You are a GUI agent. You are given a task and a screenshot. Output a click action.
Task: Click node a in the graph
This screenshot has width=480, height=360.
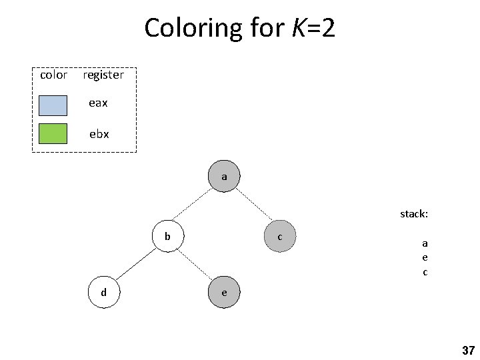[x=224, y=177]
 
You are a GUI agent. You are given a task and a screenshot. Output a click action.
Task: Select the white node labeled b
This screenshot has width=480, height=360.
[x=168, y=236]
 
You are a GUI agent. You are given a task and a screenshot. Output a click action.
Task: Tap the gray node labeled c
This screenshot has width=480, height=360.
[x=280, y=236]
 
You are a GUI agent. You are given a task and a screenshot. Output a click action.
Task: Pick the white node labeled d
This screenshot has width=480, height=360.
[x=104, y=293]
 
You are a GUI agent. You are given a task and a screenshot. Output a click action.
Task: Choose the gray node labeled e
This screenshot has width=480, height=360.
[x=224, y=293]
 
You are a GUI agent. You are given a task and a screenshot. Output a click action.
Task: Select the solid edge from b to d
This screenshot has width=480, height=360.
[x=136, y=264]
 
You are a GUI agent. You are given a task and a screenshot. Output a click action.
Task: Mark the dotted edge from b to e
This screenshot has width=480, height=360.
[x=196, y=264]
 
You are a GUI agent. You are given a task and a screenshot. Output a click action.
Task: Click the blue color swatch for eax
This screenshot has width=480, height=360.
[x=53, y=105]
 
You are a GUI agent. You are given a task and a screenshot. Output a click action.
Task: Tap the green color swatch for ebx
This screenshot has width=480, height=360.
[x=53, y=134]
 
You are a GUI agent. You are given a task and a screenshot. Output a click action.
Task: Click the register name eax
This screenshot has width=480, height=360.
[x=99, y=103]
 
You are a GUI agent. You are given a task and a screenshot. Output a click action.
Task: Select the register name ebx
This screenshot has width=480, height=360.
[x=99, y=134]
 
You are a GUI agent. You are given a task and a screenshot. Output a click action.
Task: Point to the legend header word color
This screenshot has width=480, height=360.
[x=53, y=75]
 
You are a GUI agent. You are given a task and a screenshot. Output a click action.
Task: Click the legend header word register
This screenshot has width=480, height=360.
[x=103, y=75]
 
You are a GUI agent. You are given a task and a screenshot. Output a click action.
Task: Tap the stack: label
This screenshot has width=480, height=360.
[x=414, y=214]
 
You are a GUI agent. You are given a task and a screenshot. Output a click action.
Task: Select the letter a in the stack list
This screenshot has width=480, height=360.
[x=425, y=243]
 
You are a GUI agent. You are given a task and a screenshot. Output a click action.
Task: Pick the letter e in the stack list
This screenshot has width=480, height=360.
[x=425, y=257]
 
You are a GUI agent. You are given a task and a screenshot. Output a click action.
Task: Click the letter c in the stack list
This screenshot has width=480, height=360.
[x=425, y=272]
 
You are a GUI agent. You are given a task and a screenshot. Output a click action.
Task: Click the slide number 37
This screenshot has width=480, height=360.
[x=467, y=350]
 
